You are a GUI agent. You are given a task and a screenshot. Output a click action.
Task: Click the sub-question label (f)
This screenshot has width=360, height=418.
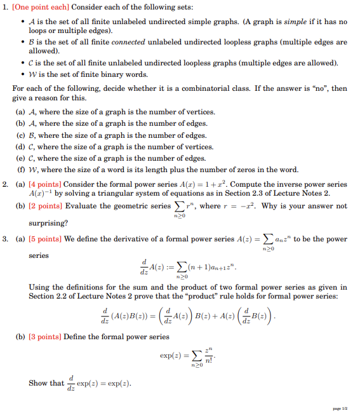pyautogui.click(x=21, y=170)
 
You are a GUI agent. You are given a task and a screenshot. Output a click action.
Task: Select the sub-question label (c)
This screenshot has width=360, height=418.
pyautogui.click(x=21, y=135)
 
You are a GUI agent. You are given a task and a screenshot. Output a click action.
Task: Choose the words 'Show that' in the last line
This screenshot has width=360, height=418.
pyautogui.click(x=46, y=383)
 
